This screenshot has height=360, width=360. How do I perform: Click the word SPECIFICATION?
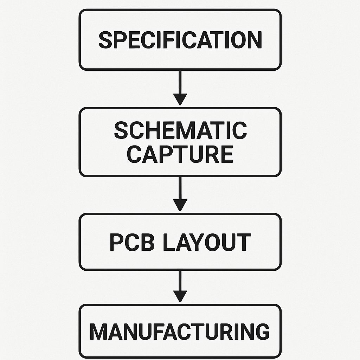pyautogui.click(x=180, y=40)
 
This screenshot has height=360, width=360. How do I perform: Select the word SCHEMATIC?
pyautogui.click(x=180, y=130)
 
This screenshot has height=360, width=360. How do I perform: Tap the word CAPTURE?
pyautogui.click(x=180, y=154)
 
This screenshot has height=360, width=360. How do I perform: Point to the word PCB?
pyautogui.click(x=131, y=242)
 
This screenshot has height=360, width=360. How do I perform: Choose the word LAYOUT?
pyautogui.click(x=207, y=242)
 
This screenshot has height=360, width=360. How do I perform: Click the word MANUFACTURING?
pyautogui.click(x=180, y=331)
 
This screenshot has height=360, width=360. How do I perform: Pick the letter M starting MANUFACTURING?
pyautogui.click(x=99, y=331)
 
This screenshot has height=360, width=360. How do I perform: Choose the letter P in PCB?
pyautogui.click(x=116, y=242)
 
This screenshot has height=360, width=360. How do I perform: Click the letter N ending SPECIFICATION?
pyautogui.click(x=254, y=40)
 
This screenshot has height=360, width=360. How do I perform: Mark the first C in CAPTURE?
pyautogui.click(x=134, y=154)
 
